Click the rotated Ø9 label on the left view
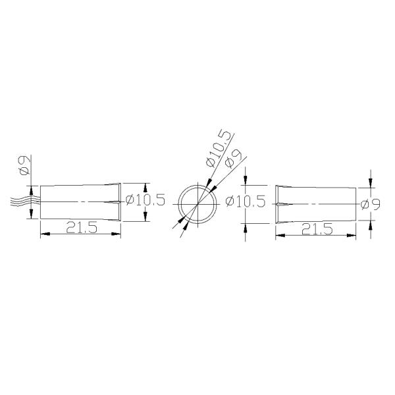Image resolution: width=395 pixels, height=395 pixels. (23, 165)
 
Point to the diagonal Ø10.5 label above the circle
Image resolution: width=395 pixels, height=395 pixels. (219, 147)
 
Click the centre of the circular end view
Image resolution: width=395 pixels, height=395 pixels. (197, 201)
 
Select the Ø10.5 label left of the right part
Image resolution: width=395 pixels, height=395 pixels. (245, 201)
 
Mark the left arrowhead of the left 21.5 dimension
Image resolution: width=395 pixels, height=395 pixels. (44, 233)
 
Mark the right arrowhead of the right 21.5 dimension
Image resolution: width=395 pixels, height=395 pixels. (353, 233)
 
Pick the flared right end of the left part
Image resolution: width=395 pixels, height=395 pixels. (118, 201)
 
